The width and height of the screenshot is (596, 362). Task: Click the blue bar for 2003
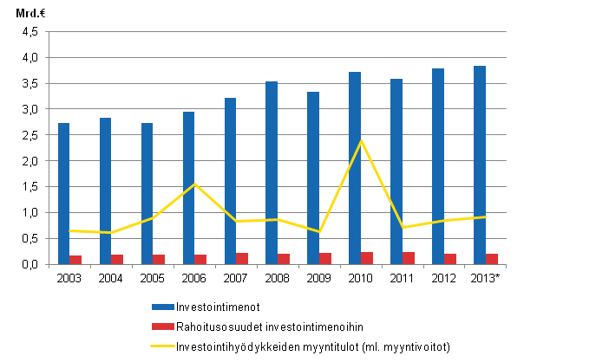(x=64, y=193)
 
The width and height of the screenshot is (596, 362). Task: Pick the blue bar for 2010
(x=355, y=168)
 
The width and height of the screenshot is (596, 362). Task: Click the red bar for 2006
(x=200, y=259)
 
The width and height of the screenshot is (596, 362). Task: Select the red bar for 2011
(x=408, y=258)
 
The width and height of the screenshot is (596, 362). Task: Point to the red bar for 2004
(x=117, y=259)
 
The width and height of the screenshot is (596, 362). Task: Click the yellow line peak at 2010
(x=361, y=140)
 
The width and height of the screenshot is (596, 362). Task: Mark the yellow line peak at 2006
(x=194, y=184)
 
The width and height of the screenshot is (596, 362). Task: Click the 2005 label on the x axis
(x=153, y=278)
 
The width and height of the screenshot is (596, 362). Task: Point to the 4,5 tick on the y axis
(x=29, y=32)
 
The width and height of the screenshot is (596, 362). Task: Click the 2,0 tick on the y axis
(x=29, y=161)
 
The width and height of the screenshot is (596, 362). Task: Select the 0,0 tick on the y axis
(x=29, y=264)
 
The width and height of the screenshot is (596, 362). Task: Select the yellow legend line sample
(x=162, y=346)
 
